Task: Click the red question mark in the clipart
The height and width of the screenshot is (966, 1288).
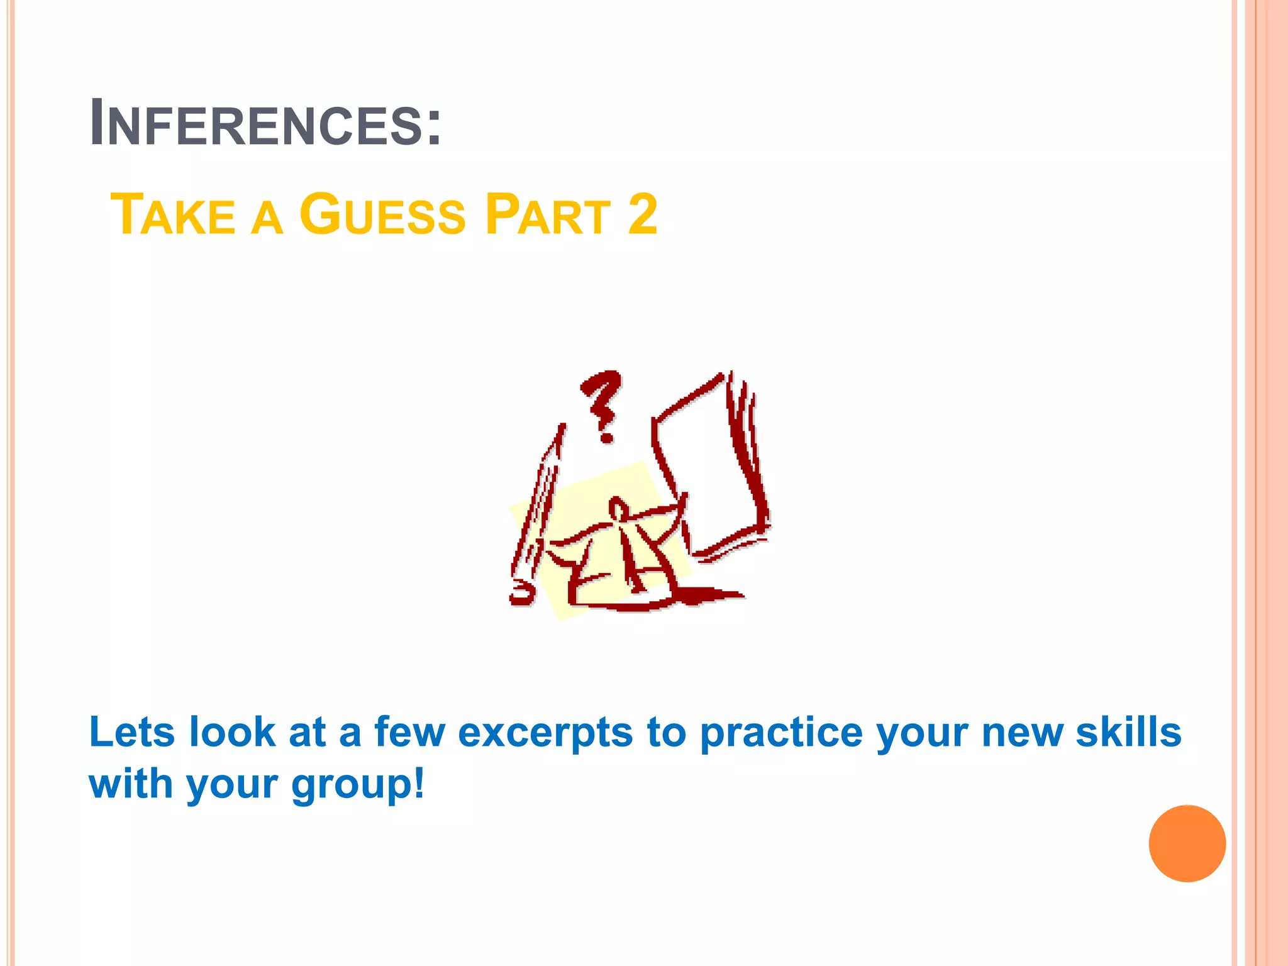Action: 602,402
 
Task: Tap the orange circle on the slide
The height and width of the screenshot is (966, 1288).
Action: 1187,843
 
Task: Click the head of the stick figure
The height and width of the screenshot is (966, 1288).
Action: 618,508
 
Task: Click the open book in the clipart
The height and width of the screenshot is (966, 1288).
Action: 711,465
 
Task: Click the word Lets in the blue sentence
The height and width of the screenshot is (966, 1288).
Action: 131,732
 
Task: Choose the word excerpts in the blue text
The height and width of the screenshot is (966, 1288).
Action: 545,733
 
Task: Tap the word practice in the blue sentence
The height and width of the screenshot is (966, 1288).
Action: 782,733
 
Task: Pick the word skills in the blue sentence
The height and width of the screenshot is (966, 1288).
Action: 1128,732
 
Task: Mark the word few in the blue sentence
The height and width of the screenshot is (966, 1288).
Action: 409,732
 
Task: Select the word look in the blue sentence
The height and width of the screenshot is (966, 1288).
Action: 232,732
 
